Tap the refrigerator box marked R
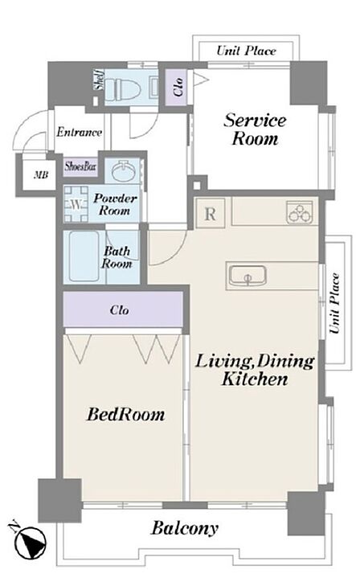(211, 213)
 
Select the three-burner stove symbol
(300, 212)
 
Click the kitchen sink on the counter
(247, 276)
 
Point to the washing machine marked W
(76, 204)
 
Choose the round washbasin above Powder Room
(124, 170)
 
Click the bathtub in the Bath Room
(84, 256)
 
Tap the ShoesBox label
(80, 166)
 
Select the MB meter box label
(41, 174)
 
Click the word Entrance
(80, 132)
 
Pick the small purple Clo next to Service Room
(178, 87)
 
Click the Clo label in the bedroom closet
(120, 309)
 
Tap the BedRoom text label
(125, 415)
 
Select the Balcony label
(185, 528)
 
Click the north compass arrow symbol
(30, 542)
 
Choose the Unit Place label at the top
(247, 51)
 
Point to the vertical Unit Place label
(334, 303)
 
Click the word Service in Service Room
(255, 121)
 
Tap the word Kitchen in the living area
(255, 379)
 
